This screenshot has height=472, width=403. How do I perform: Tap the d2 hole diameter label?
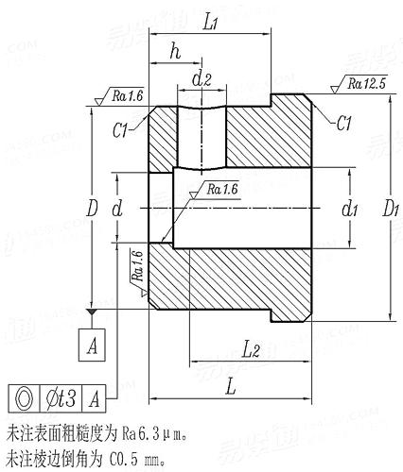(x=201, y=79)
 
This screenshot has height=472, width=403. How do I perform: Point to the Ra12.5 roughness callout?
(x=367, y=84)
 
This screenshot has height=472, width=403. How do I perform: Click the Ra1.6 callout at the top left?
(x=127, y=95)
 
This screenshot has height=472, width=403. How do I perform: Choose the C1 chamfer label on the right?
(x=344, y=124)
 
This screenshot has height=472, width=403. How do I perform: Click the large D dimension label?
(x=92, y=206)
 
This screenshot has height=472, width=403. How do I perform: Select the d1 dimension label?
(x=349, y=206)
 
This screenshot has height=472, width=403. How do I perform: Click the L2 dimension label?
(x=251, y=350)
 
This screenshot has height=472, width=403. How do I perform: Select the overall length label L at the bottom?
(x=230, y=387)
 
